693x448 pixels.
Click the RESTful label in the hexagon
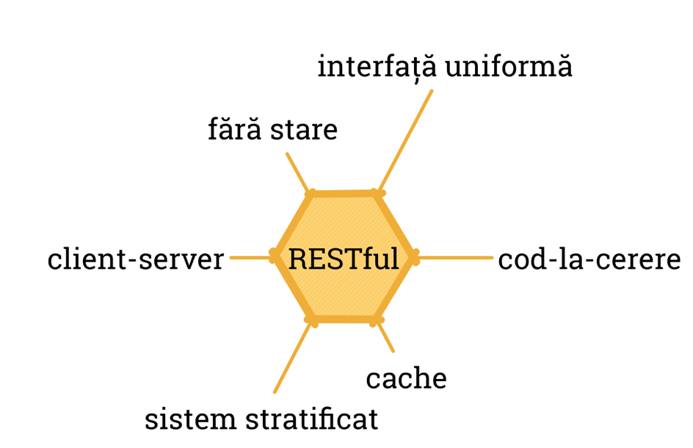(x=344, y=259)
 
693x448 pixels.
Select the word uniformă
(x=509, y=68)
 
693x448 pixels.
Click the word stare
(x=303, y=131)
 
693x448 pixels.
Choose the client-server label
(x=135, y=259)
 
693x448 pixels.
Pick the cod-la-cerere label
(x=589, y=259)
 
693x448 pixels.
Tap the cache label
(x=406, y=378)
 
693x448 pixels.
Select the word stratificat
(x=311, y=419)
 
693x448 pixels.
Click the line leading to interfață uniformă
(x=404, y=140)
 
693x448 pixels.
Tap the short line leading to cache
(x=385, y=337)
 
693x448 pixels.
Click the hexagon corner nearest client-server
(x=275, y=256)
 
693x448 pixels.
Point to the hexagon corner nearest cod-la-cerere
(x=413, y=256)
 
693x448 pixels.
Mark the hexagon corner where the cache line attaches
(x=376, y=320)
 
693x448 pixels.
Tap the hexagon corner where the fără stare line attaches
(x=312, y=195)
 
